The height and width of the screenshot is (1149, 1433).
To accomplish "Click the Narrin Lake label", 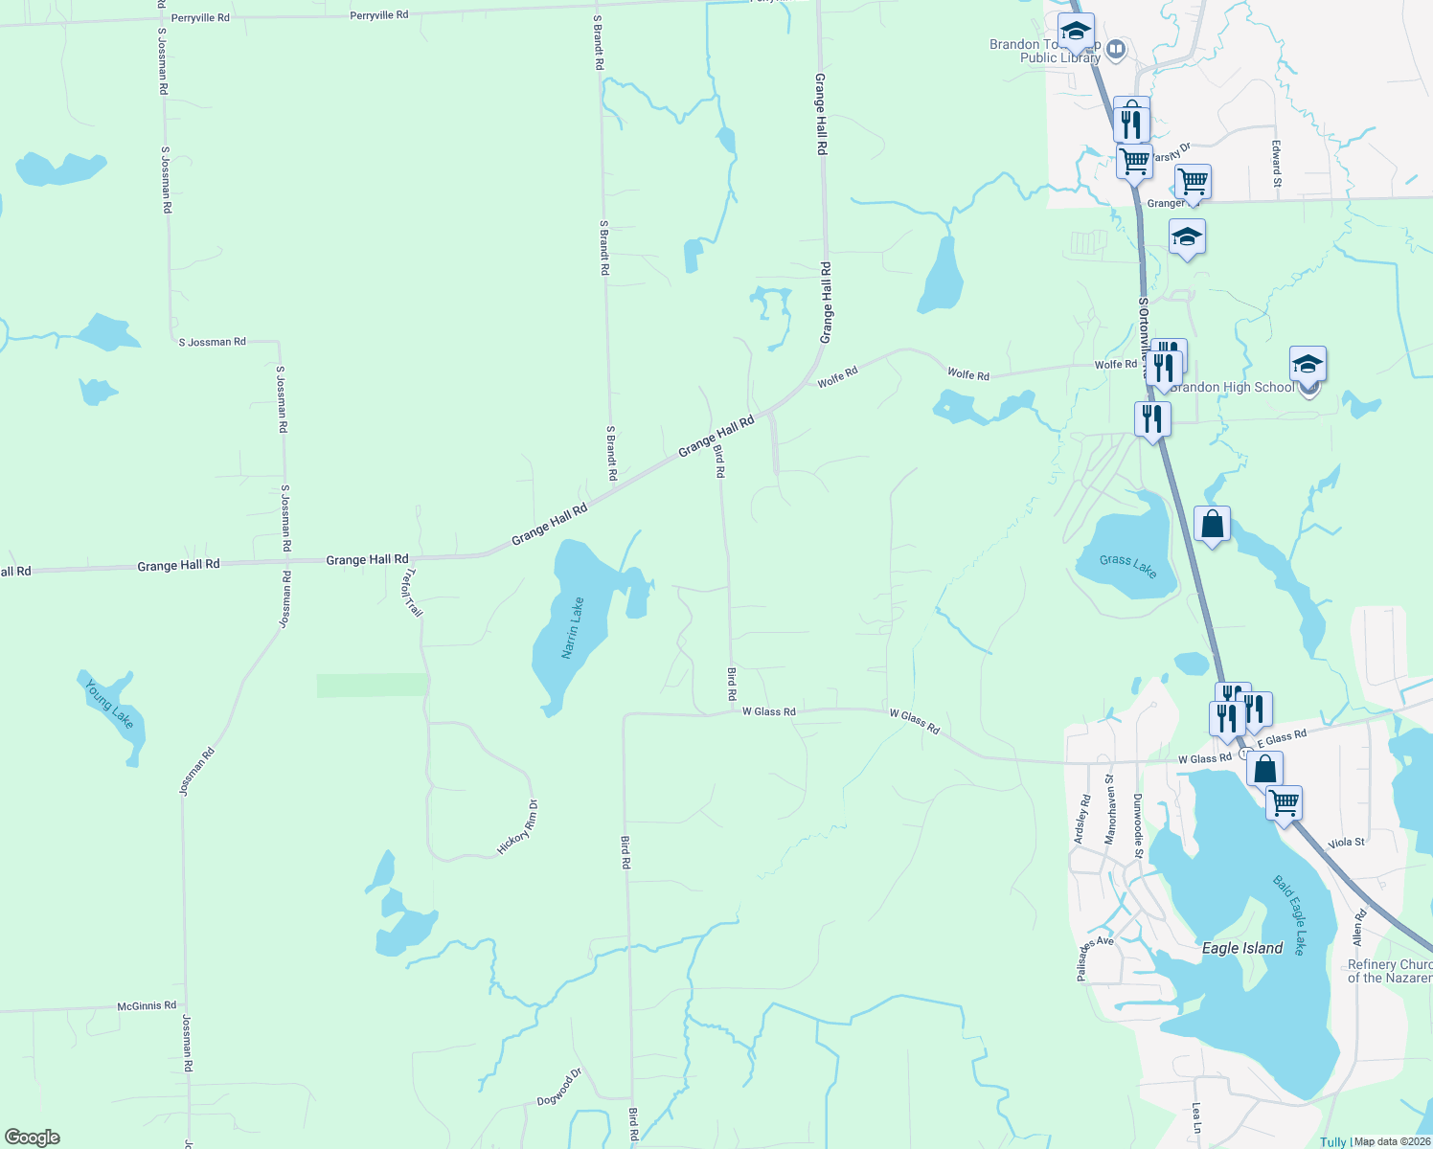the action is [572, 628].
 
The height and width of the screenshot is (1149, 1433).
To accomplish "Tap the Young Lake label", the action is [108, 704].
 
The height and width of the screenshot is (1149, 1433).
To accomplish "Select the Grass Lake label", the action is [1127, 566].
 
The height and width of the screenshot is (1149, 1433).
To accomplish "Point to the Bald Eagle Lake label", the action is [1288, 914].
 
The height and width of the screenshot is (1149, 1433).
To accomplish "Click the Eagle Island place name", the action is [1241, 948].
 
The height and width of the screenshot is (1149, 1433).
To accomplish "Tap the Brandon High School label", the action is [1232, 387].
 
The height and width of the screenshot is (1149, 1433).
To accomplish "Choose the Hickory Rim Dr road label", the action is [518, 827].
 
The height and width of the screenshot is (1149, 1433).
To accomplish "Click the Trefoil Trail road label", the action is [413, 593].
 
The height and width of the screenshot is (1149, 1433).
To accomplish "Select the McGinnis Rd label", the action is [147, 1005].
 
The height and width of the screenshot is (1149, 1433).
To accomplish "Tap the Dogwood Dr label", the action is [559, 1087].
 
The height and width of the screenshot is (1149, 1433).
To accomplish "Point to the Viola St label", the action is [1346, 843].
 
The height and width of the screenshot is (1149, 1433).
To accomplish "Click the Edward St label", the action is [1276, 164].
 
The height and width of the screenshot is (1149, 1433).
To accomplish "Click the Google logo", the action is [33, 1138].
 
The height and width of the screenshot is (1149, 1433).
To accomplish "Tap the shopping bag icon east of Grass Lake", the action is [1212, 525].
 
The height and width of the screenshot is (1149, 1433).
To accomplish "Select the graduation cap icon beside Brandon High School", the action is [1308, 365].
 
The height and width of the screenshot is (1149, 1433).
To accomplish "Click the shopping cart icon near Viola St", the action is [1284, 803].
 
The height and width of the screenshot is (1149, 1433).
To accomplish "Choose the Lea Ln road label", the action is [1196, 1117].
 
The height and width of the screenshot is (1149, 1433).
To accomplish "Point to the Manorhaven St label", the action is [1110, 809].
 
